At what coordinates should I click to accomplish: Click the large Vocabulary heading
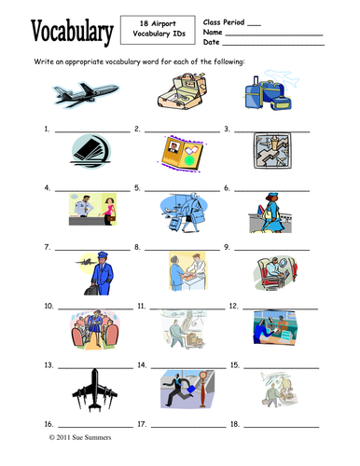click(72, 33)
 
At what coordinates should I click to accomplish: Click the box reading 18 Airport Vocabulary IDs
click(158, 30)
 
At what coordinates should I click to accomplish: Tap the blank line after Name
click(274, 35)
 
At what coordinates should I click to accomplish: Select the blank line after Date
click(273, 46)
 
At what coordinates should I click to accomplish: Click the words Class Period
click(224, 22)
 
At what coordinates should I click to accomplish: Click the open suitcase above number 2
click(182, 90)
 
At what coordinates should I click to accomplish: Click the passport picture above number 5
click(183, 154)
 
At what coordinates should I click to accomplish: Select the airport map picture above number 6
click(272, 151)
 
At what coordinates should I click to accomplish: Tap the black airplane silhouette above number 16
click(95, 390)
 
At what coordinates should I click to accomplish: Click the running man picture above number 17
click(187, 389)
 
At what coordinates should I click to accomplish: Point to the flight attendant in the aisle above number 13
click(95, 329)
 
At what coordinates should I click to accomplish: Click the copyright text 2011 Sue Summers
click(80, 437)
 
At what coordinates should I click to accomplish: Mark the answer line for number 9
click(271, 250)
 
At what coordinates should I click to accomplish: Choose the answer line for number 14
click(188, 367)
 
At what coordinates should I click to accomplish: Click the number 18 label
click(235, 424)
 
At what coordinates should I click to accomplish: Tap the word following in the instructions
click(228, 62)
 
